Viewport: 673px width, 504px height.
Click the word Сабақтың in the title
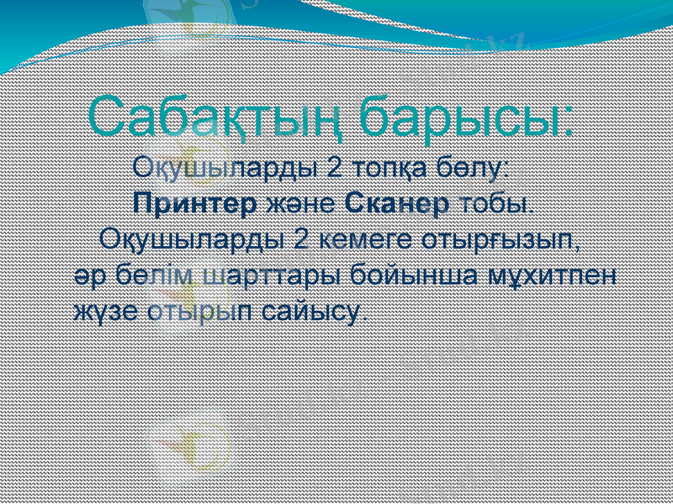[x=217, y=118]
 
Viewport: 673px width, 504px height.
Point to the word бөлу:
[x=474, y=167]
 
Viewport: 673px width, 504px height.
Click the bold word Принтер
[x=196, y=203]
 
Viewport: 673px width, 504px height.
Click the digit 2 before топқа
[x=334, y=167]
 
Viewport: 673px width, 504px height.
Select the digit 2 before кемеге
[x=302, y=239]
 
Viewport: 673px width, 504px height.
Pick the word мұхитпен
[x=553, y=276]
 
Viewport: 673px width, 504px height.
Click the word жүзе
[x=104, y=312]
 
